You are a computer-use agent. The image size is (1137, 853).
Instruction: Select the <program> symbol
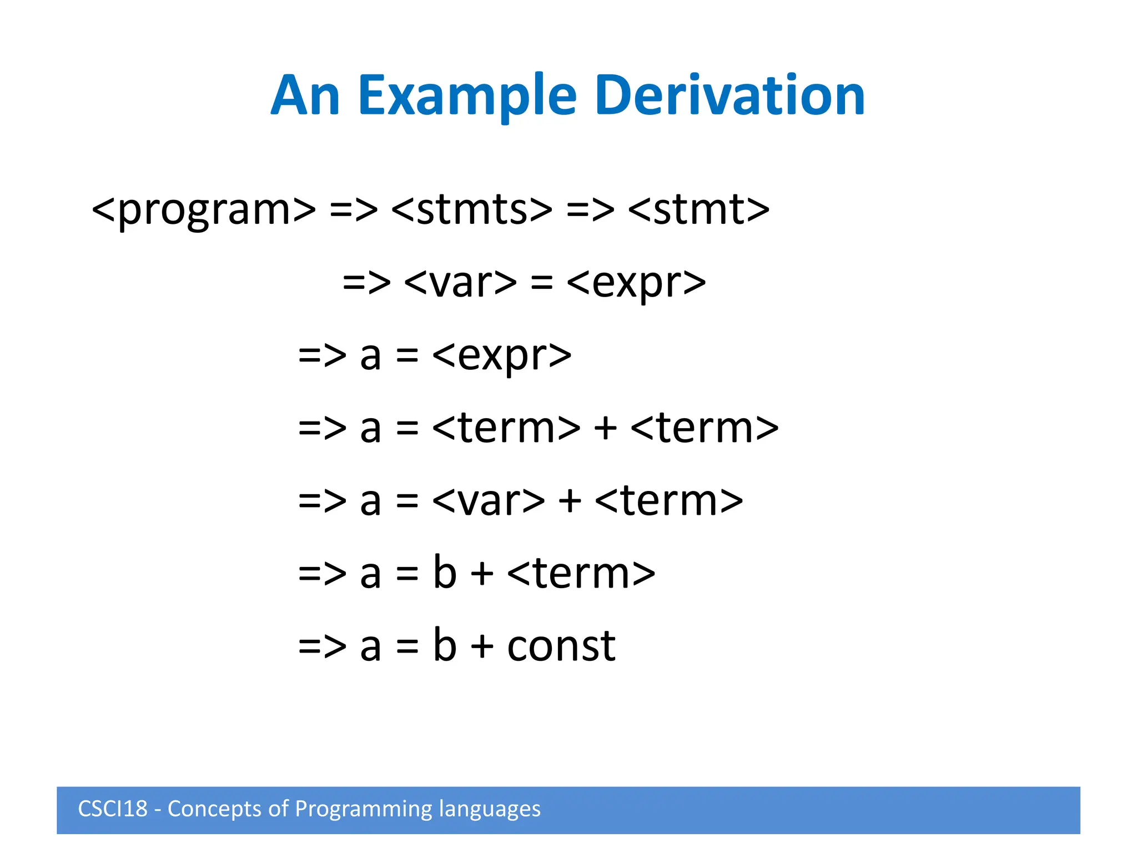point(203,210)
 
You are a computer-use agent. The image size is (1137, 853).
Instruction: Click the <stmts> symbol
point(472,210)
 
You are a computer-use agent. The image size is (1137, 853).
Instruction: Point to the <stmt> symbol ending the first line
point(699,210)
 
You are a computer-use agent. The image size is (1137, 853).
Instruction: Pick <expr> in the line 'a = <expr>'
point(501,355)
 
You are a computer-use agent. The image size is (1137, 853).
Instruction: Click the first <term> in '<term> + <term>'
point(506,428)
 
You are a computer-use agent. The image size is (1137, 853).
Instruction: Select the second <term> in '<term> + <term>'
point(705,428)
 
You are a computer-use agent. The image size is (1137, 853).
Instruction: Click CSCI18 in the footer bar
point(113,809)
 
